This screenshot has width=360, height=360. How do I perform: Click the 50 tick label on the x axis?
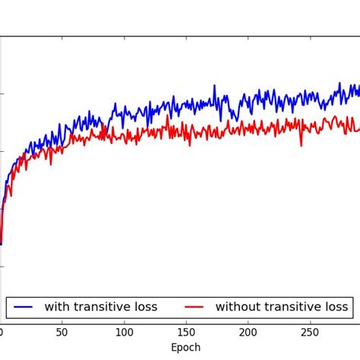click(62, 332)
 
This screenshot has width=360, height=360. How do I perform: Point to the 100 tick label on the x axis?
click(124, 332)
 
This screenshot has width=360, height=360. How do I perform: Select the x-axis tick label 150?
click(186, 332)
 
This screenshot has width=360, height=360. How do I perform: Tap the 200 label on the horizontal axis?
click(248, 332)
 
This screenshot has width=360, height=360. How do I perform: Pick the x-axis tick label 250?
click(309, 332)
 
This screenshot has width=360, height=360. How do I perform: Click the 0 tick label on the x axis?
click(2, 332)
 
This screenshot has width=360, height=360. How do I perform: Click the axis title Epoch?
click(185, 348)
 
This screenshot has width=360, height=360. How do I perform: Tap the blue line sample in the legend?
click(23, 308)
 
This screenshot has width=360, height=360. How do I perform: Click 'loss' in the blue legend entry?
click(145, 308)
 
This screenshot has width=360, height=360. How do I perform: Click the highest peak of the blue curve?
click(339, 84)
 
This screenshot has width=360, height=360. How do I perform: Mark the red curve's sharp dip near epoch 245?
click(302, 145)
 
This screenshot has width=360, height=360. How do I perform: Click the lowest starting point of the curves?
click(2, 244)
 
